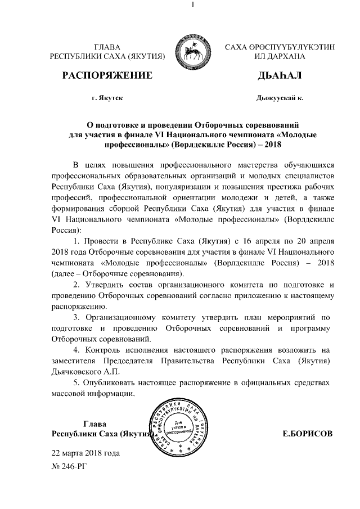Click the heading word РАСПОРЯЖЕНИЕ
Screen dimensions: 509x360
(x=107, y=76)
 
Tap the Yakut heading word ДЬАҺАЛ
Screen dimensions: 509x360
(x=279, y=76)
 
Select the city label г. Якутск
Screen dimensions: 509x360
(x=107, y=98)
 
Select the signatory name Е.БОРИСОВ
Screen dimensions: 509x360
(x=307, y=434)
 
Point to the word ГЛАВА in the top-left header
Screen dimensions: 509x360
(x=107, y=47)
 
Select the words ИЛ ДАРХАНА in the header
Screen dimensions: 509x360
(x=279, y=57)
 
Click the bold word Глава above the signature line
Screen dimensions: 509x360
(x=95, y=424)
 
